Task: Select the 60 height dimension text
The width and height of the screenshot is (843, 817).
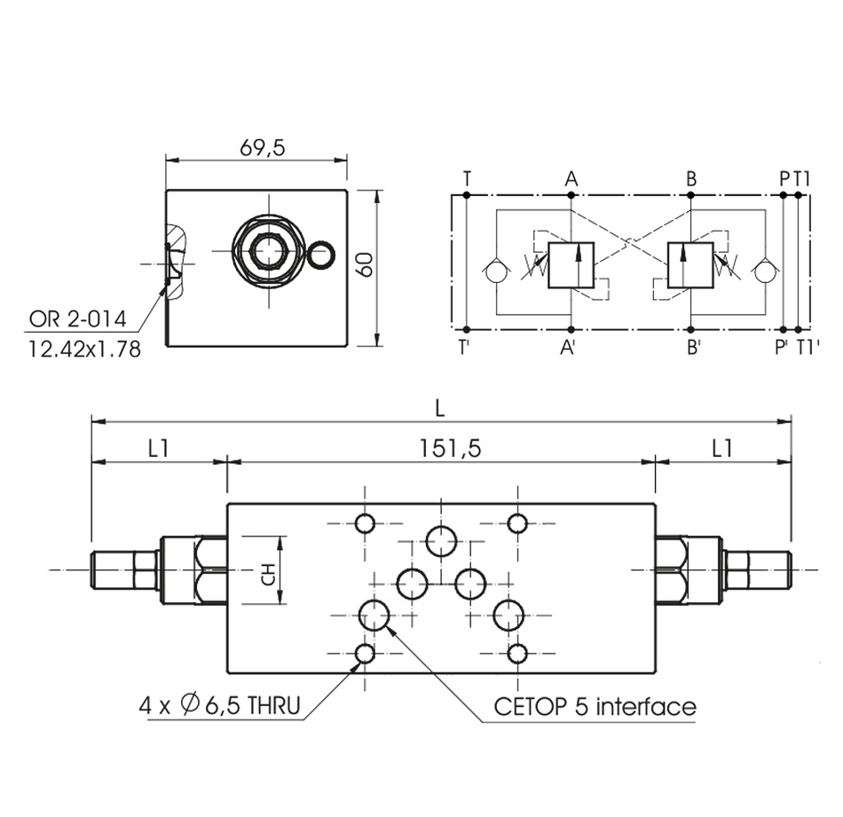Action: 365,264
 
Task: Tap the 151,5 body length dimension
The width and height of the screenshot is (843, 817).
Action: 452,449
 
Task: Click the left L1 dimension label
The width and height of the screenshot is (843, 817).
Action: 158,449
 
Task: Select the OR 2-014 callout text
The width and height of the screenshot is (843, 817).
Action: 78,318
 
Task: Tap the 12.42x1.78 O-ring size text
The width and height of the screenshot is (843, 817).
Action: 83,349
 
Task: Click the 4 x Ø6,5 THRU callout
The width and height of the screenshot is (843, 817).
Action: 219,706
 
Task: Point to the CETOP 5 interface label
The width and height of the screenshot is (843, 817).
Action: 595,706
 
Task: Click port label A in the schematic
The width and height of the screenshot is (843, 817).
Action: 571,179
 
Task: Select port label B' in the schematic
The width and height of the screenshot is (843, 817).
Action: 693,349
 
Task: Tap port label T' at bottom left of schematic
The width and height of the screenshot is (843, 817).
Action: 464,349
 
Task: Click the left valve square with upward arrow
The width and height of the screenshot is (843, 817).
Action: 573,264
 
